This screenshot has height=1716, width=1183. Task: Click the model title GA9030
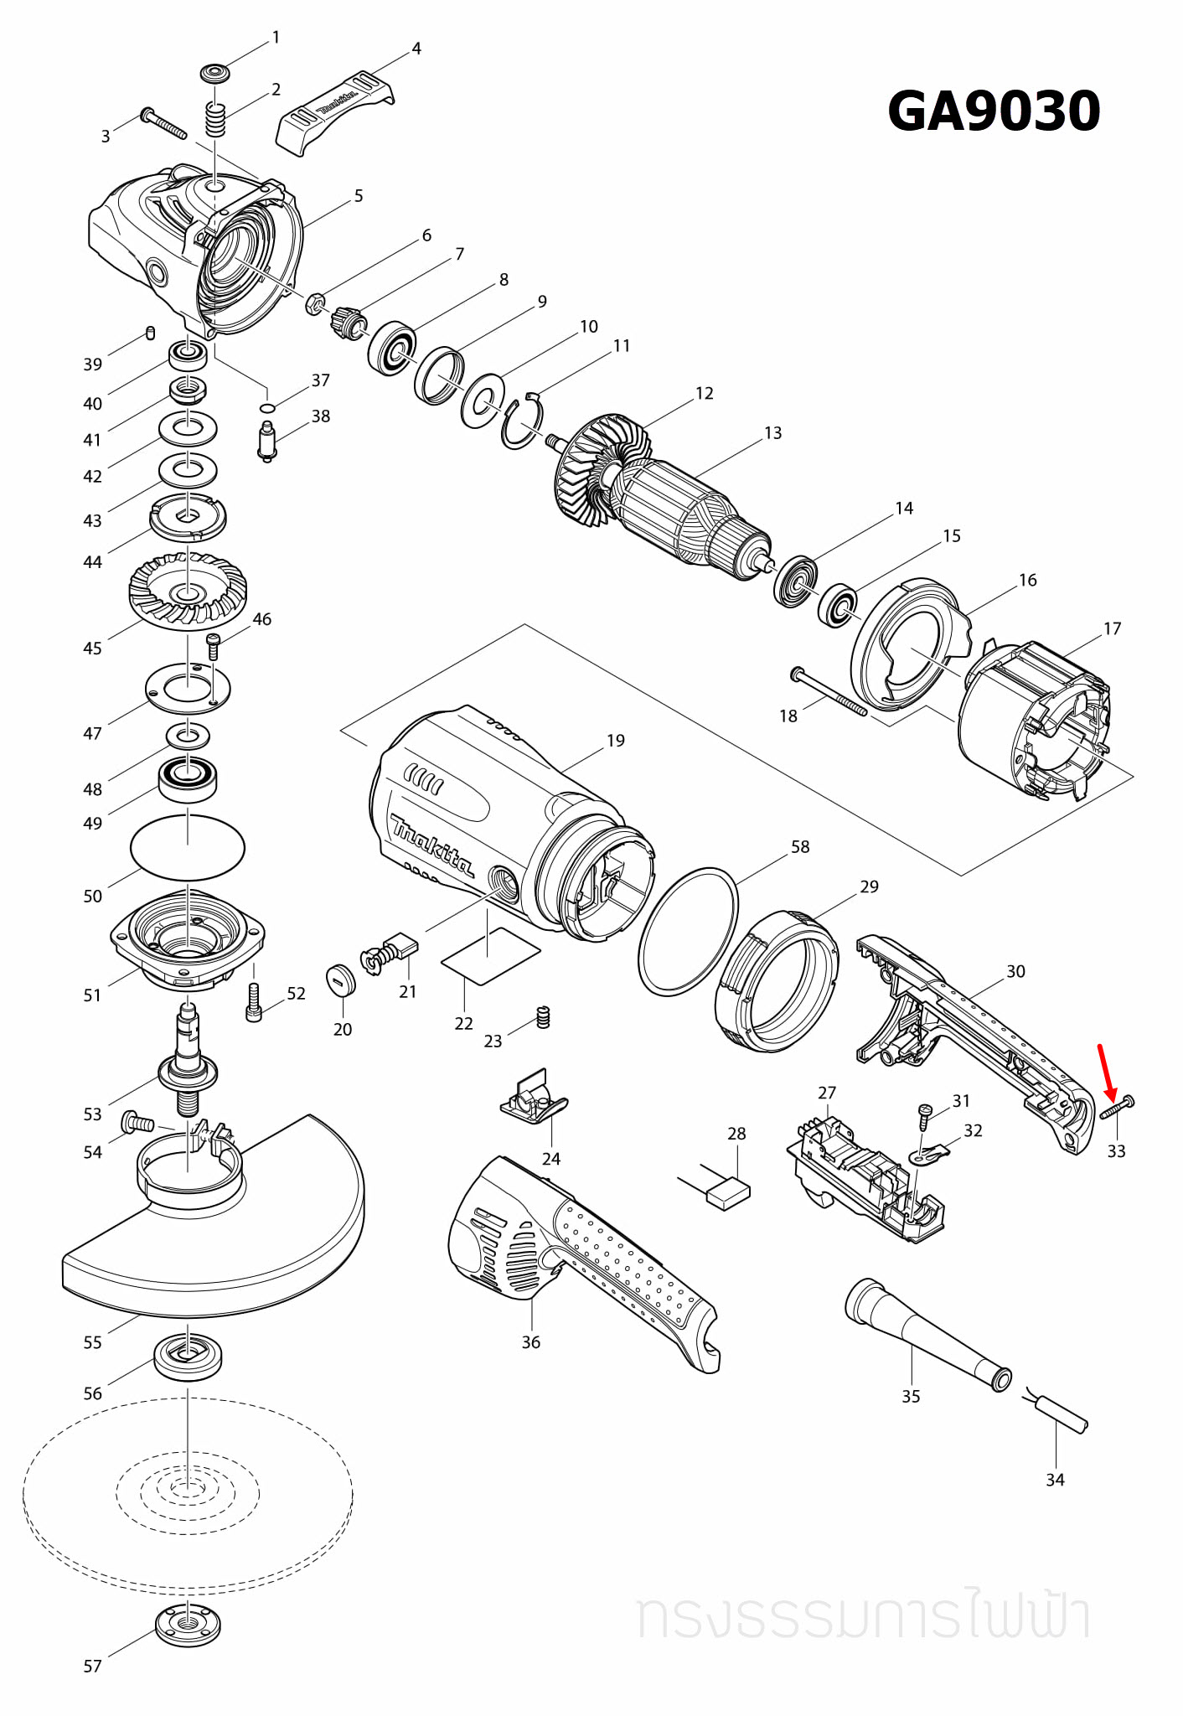coord(994,111)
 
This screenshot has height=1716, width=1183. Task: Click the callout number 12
coord(704,393)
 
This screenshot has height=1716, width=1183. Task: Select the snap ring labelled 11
coord(523,421)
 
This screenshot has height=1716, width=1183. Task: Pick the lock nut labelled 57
coord(189,1626)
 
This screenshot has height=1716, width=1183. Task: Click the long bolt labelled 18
coord(829,692)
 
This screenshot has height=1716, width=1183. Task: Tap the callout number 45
coord(92,648)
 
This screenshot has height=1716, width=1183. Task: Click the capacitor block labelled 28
coord(727,1192)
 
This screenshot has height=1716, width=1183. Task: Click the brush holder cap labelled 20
coord(341,980)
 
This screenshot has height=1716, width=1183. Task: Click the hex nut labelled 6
coord(315,302)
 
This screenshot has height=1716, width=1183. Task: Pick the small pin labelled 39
coord(150,333)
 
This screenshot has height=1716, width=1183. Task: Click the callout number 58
coord(800,846)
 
